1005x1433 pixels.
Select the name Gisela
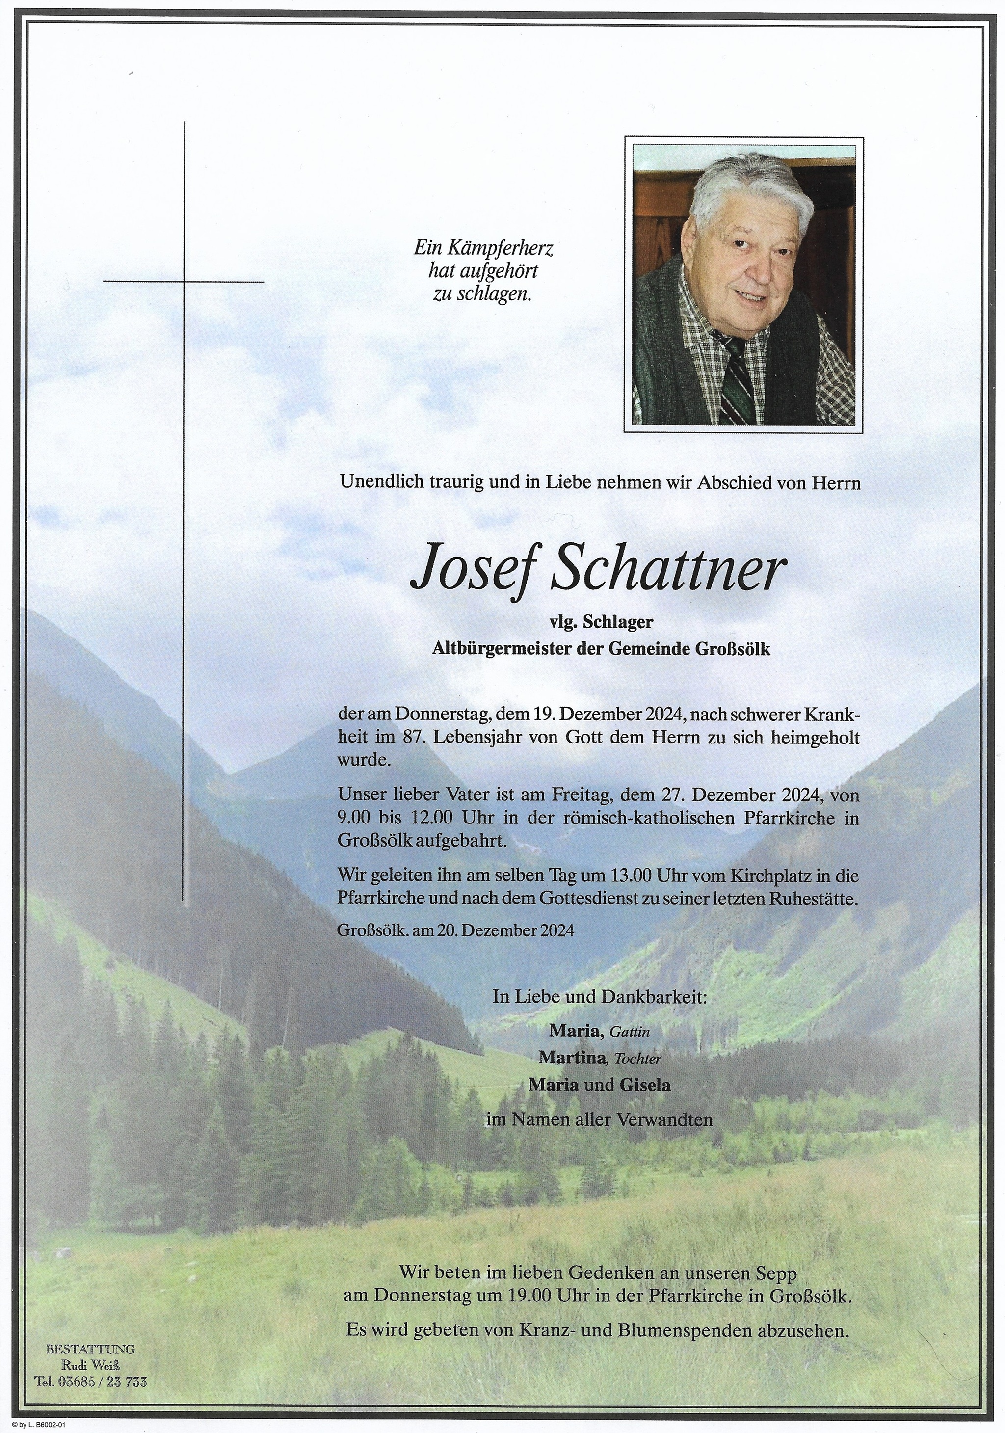tap(645, 1085)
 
